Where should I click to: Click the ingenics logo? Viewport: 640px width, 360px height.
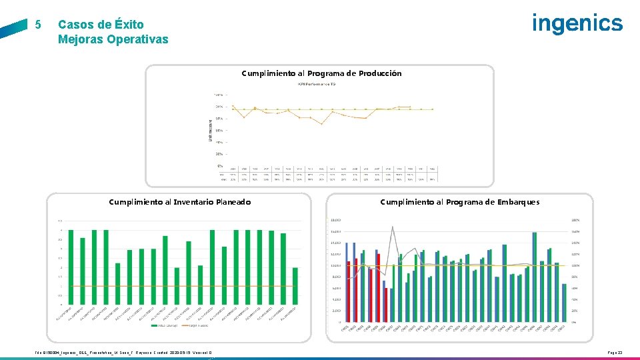577,23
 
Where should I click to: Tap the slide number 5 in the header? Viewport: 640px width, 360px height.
38,25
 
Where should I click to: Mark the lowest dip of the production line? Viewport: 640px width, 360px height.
322,124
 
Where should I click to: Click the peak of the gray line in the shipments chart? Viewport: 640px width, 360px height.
392,227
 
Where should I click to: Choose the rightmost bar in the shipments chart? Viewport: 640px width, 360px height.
564,303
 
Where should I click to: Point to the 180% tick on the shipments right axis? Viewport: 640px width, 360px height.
574,220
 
